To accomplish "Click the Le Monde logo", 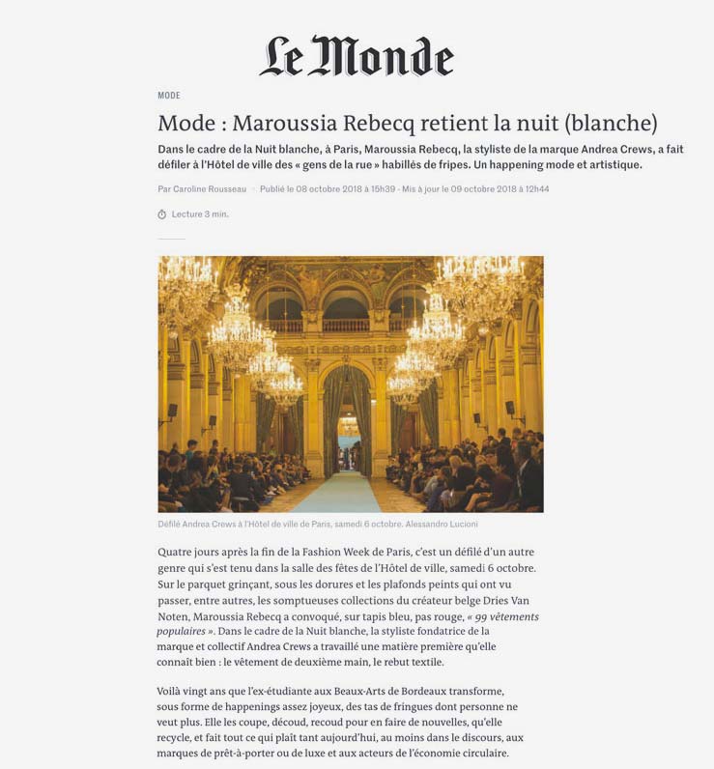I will click(x=356, y=58).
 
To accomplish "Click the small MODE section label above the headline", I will click(x=169, y=96).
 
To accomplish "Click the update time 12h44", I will click(x=531, y=189).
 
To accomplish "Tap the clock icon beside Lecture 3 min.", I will click(x=162, y=214).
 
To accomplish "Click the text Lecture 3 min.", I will click(x=200, y=214).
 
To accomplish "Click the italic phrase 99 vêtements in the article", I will click(x=504, y=616).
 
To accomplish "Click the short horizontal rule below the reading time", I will click(x=171, y=239).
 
